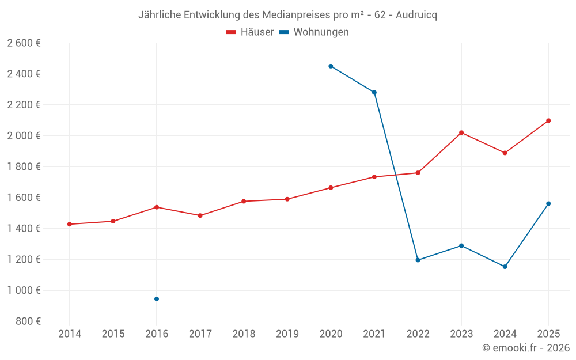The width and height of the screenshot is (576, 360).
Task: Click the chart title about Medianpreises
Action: pyautogui.click(x=287, y=15)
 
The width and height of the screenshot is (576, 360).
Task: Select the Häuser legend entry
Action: pyautogui.click(x=250, y=32)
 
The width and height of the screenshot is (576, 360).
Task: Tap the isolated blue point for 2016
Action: pyautogui.click(x=157, y=299)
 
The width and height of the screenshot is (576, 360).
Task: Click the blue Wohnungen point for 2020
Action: pyautogui.click(x=331, y=66)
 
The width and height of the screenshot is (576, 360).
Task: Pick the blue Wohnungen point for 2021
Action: pyautogui.click(x=374, y=93)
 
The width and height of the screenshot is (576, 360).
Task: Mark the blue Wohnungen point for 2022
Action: pyautogui.click(x=418, y=260)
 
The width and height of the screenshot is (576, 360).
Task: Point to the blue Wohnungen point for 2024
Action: pyautogui.click(x=505, y=267)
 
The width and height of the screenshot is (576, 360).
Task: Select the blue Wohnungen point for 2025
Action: pyautogui.click(x=548, y=203)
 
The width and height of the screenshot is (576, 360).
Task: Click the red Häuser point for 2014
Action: pyautogui.click(x=70, y=224)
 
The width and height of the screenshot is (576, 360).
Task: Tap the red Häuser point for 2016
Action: pyautogui.click(x=157, y=207)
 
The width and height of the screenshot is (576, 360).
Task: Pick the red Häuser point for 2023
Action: pyautogui.click(x=461, y=132)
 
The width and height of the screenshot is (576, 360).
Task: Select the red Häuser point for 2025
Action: pyautogui.click(x=548, y=120)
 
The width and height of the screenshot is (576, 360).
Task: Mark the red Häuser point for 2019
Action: pyautogui.click(x=287, y=199)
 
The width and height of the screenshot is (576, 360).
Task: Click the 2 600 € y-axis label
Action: pyautogui.click(x=24, y=43)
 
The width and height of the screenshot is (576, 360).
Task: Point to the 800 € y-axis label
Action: pyautogui.click(x=28, y=321)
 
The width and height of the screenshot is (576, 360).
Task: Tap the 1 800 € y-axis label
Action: pyautogui.click(x=24, y=166)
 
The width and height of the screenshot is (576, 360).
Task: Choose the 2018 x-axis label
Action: pyautogui.click(x=244, y=334)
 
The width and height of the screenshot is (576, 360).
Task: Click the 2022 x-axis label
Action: pyautogui.click(x=418, y=334)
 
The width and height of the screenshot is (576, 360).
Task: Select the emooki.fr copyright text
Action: pyautogui.click(x=525, y=348)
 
